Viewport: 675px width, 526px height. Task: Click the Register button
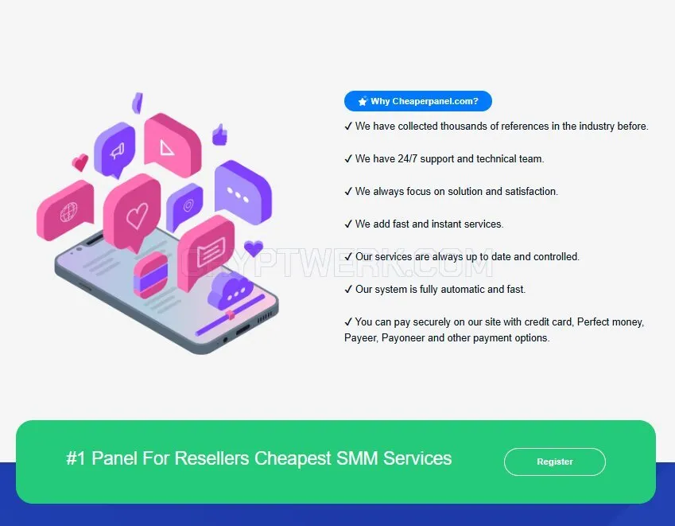[x=554, y=462]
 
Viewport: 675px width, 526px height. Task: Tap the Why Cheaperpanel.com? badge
[x=418, y=101]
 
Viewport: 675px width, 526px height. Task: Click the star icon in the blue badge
[x=363, y=101]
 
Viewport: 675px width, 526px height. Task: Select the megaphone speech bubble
[x=115, y=149]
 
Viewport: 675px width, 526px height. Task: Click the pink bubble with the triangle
[x=173, y=145]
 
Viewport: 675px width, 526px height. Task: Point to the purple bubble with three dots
[x=242, y=193]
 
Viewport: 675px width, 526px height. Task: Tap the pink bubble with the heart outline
[x=132, y=212]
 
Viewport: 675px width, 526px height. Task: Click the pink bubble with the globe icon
[x=65, y=211]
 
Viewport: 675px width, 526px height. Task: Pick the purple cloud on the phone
[x=231, y=290]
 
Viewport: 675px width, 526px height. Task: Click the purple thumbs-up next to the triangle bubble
[x=219, y=134]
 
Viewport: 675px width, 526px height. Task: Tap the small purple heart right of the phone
[x=254, y=248]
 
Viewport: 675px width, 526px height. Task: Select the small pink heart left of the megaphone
[x=80, y=162]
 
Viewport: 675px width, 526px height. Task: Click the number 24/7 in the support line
[x=407, y=159]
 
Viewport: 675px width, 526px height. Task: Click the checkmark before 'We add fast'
[x=348, y=224]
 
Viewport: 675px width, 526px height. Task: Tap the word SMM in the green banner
[x=357, y=458]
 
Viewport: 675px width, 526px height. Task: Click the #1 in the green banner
[x=76, y=458]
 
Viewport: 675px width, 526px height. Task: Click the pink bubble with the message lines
[x=207, y=252]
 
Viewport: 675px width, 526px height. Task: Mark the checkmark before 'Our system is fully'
[x=348, y=289]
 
